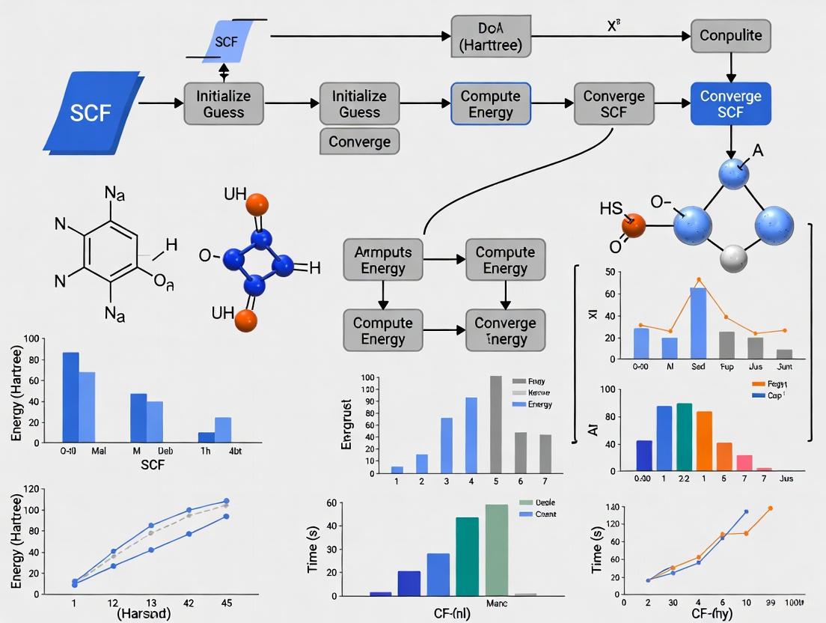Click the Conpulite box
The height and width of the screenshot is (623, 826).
click(x=731, y=35)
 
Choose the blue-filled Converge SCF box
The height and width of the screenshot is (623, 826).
click(x=731, y=104)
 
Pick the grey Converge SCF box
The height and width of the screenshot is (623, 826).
click(x=614, y=104)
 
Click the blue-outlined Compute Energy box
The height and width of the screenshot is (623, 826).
click(x=491, y=104)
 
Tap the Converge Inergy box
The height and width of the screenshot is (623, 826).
click(x=506, y=330)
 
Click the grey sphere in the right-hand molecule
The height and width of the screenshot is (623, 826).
click(x=733, y=258)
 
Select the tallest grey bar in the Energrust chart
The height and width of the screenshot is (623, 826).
click(x=495, y=424)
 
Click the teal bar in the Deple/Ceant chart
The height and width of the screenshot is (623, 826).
click(x=467, y=556)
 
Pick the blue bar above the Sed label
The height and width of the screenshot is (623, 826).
click(x=697, y=322)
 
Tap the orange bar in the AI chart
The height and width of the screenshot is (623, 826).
click(x=704, y=441)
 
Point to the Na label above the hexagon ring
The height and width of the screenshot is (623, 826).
click(x=114, y=195)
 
